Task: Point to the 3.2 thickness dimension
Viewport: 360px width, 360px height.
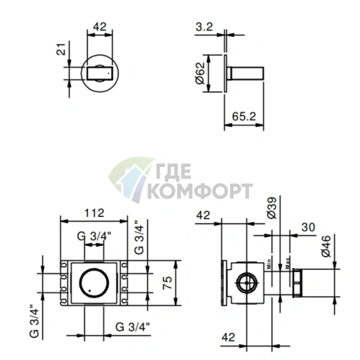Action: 204,28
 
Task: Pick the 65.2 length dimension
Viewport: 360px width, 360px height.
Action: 243,115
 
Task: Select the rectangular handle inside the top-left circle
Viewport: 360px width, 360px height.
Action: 98,73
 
